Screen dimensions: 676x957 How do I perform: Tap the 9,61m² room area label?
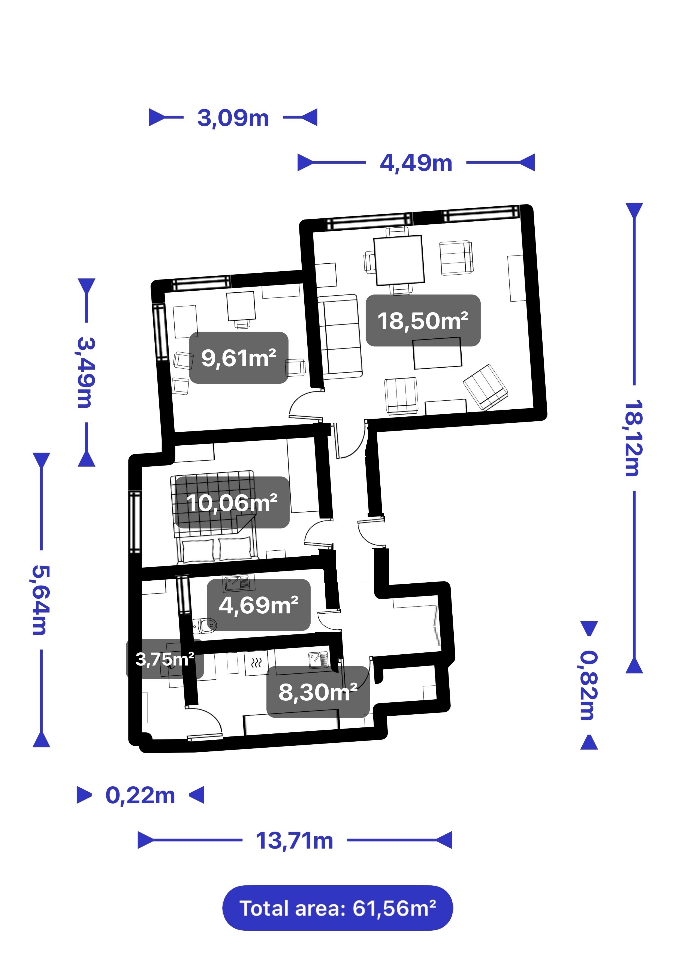click(239, 358)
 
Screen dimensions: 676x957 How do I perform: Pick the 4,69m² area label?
click(259, 605)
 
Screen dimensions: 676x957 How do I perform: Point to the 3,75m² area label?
click(165, 659)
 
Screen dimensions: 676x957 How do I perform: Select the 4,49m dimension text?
click(416, 163)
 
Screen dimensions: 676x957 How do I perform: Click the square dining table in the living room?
click(399, 261)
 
